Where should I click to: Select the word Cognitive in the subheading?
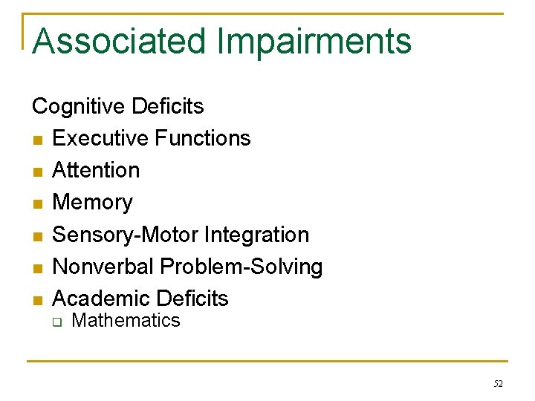(79, 106)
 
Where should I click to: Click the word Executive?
(100, 138)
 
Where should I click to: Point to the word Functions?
(202, 138)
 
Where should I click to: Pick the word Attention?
(96, 170)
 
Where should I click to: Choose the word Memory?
(92, 202)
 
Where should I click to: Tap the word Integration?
(256, 235)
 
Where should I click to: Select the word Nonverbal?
(103, 267)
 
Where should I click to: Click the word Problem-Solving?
(241, 267)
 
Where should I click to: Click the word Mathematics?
(126, 321)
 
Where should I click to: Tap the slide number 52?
(498, 384)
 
